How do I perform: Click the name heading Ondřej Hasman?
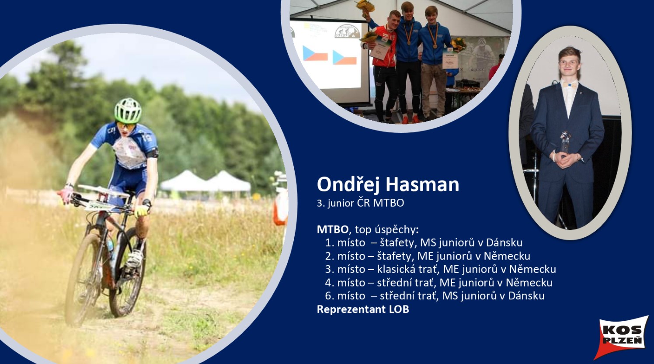coord(388,184)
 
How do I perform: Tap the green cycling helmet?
coord(128,111)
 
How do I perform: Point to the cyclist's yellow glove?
coord(141,211)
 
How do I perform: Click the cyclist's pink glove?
coord(66,195)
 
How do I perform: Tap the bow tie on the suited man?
coord(570,85)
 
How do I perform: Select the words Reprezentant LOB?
coord(363,309)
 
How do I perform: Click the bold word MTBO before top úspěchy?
coord(333,229)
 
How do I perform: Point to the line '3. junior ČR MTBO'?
coord(361,203)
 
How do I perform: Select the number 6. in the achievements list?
coord(329,296)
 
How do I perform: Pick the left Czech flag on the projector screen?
coord(315,53)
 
